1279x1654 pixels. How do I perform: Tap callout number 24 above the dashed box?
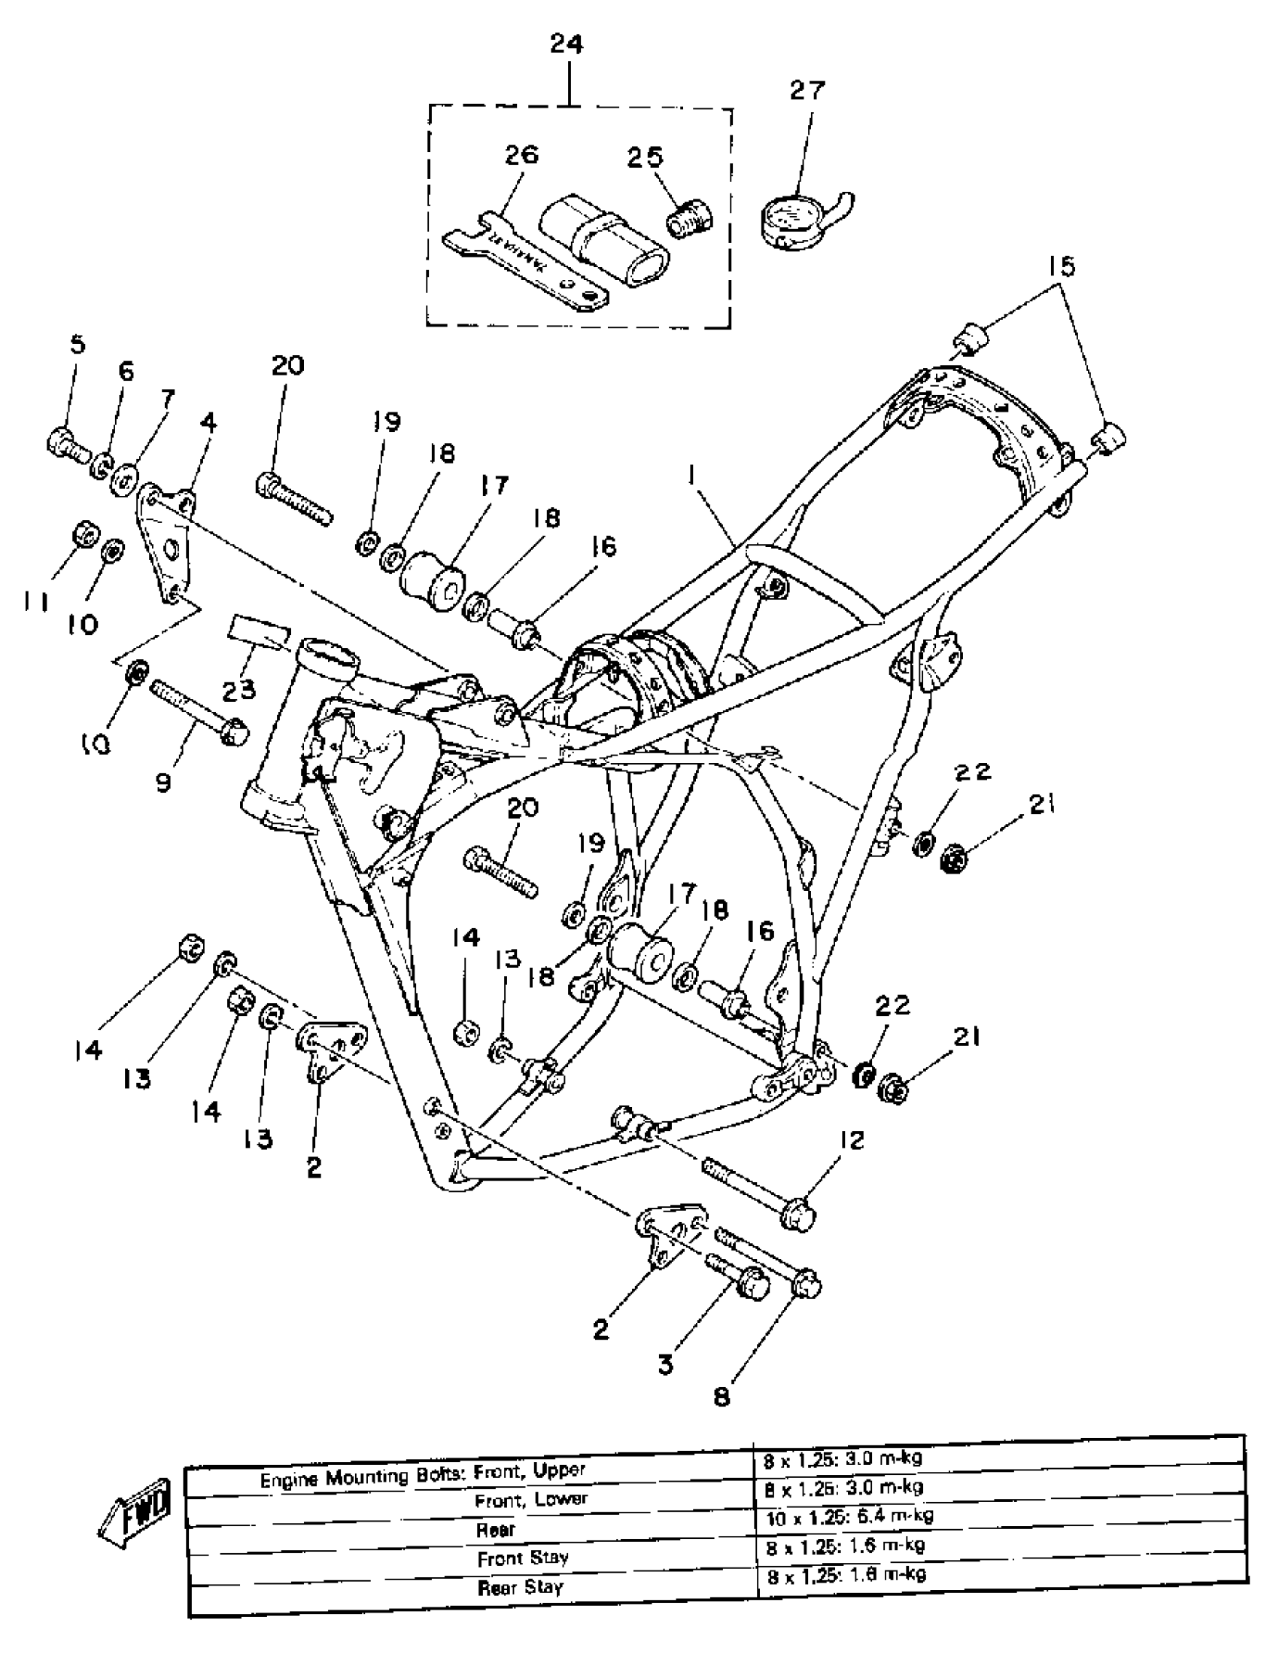[x=567, y=44]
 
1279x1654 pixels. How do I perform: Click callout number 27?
[x=807, y=90]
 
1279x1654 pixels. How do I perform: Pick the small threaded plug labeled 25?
[x=690, y=217]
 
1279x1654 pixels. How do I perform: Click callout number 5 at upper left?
[x=78, y=345]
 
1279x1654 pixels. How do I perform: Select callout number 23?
[x=238, y=689]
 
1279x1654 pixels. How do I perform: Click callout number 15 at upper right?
[x=1062, y=266]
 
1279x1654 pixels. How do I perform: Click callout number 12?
[x=852, y=1140]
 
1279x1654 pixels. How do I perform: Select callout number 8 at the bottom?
[x=722, y=1397]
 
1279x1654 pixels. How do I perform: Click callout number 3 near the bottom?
[x=666, y=1365]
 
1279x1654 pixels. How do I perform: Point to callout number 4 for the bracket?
[x=208, y=422]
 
